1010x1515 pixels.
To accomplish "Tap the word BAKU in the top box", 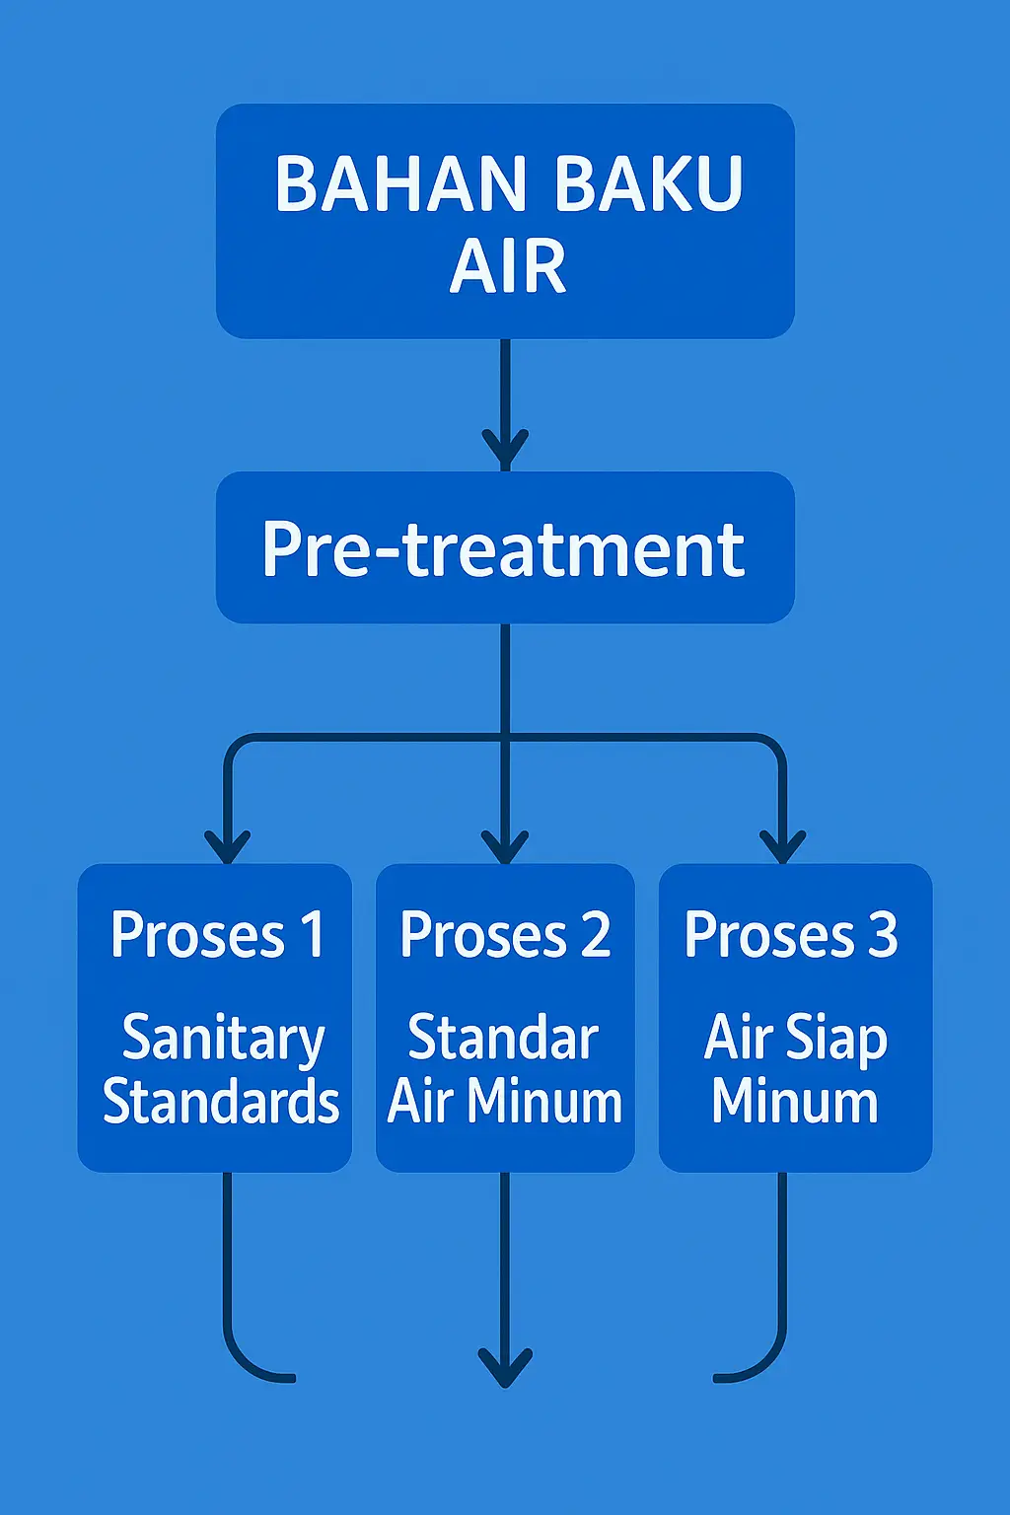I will (647, 184).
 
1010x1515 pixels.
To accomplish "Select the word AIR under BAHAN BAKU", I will (508, 267).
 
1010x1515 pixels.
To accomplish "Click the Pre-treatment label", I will (503, 548).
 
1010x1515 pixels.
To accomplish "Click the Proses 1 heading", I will (217, 935).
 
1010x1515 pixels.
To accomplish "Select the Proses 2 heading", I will (505, 935).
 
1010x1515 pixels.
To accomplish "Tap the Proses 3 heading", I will (791, 935).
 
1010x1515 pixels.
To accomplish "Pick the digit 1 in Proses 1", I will (313, 935).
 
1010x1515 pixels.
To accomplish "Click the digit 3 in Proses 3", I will (883, 935).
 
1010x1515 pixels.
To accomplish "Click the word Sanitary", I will (223, 1040).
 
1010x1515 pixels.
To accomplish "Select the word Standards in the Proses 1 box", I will (221, 1102).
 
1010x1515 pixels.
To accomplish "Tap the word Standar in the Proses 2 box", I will (503, 1038).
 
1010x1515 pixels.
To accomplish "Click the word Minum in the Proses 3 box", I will (795, 1102).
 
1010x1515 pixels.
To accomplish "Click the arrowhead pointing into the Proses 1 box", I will (227, 846).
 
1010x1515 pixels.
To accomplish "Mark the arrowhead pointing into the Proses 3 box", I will (783, 846).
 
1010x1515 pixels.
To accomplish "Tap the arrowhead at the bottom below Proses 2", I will (505, 1367).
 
